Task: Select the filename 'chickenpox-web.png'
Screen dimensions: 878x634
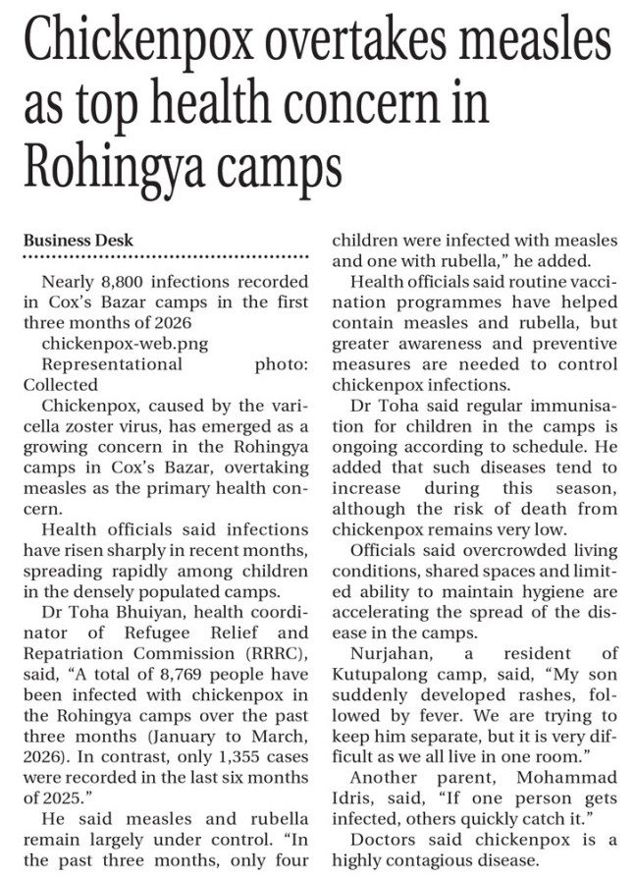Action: coord(113,344)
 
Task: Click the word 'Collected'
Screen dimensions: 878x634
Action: coord(61,385)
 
